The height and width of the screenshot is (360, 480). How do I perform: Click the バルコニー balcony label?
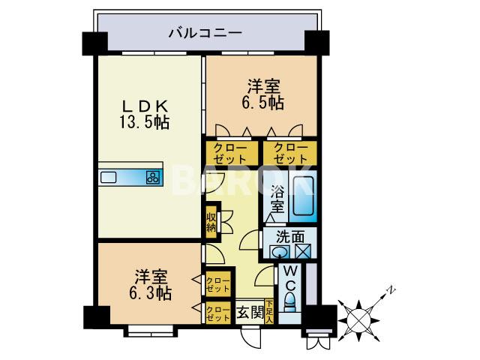(204, 32)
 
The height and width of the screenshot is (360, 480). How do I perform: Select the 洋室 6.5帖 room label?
(266, 93)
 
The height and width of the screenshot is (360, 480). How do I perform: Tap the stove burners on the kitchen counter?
(153, 178)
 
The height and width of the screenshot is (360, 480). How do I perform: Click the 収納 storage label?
(211, 223)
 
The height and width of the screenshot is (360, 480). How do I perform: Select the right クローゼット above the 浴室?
(289, 153)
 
